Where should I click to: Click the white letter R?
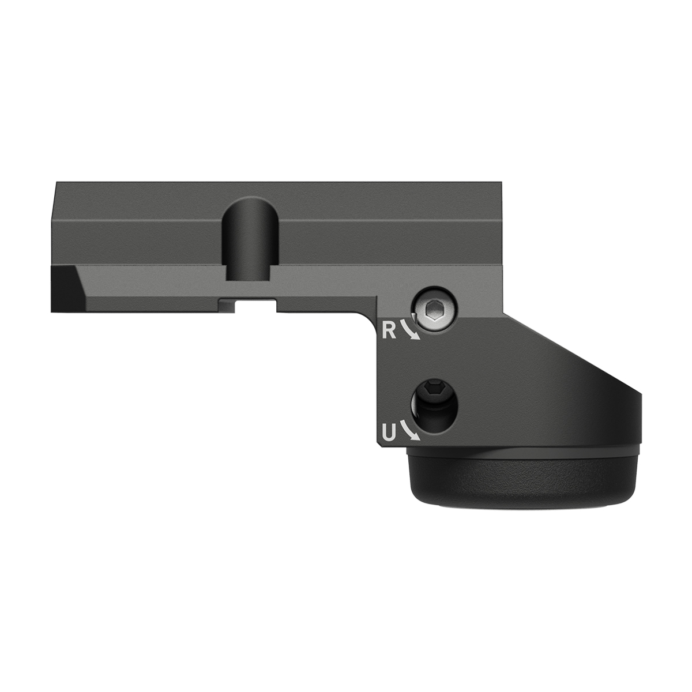pyautogui.click(x=390, y=330)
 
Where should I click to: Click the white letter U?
pyautogui.click(x=389, y=431)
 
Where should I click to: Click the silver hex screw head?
pyautogui.click(x=433, y=311)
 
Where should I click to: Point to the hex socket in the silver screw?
pyautogui.click(x=432, y=311)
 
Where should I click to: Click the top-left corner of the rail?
pyautogui.click(x=55, y=183)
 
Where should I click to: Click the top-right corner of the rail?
pyautogui.click(x=506, y=183)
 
